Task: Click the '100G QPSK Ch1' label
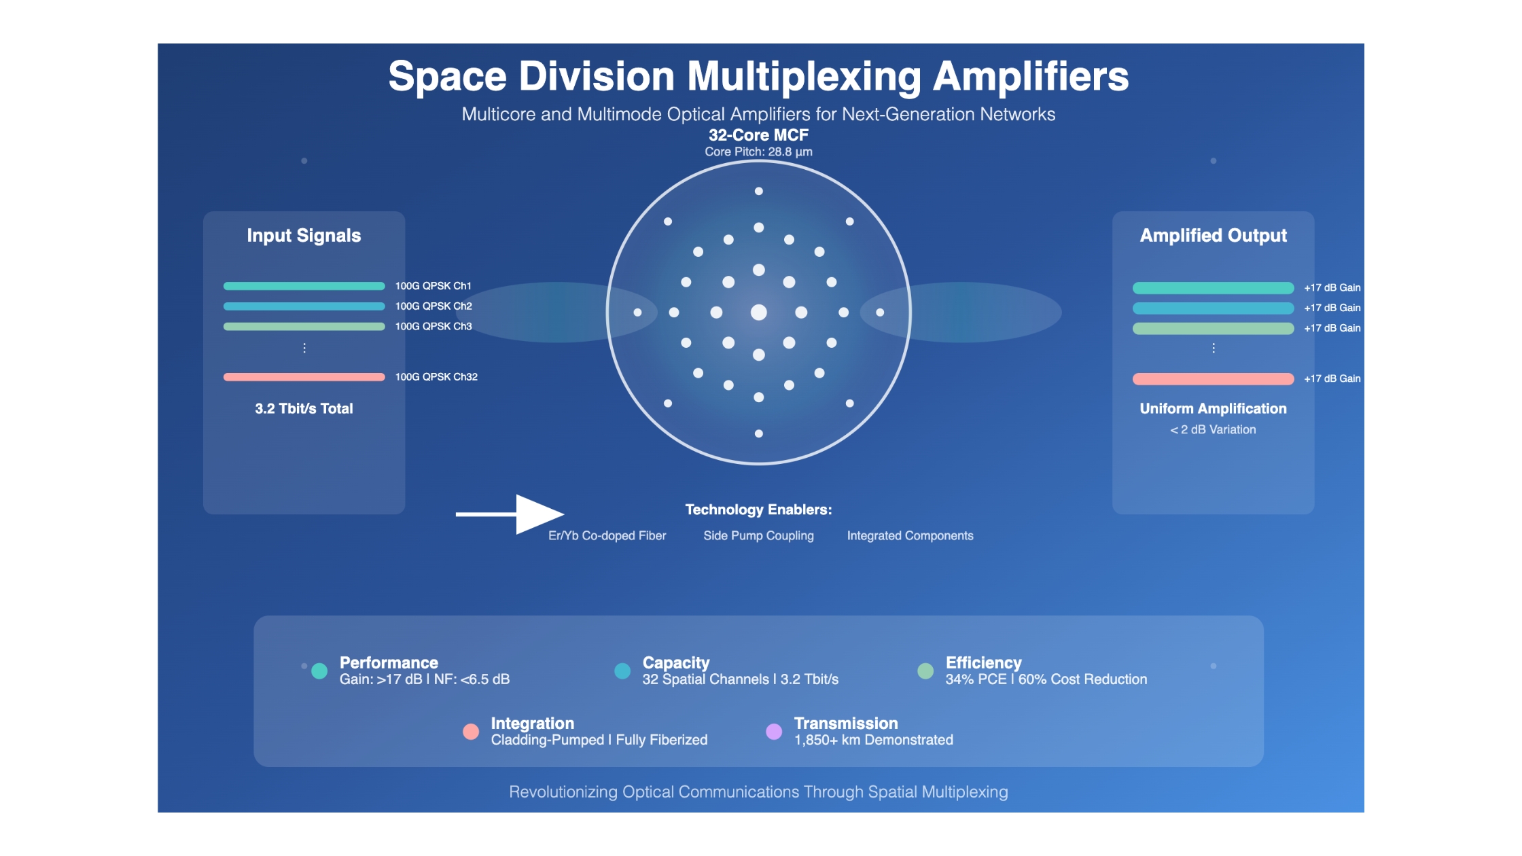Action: pos(433,286)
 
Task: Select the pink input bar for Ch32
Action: pos(304,377)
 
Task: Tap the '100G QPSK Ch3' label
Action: pos(433,327)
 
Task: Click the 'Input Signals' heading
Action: pos(304,236)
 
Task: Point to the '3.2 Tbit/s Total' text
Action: pos(304,408)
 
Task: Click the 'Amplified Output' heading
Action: pos(1213,236)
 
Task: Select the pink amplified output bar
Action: pos(1213,379)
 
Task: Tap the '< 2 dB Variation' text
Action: pos(1213,429)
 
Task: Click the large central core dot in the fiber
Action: pos(758,313)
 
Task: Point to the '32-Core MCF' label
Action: pos(758,135)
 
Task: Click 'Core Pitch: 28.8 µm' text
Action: pos(758,151)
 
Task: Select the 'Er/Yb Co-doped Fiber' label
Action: pos(607,535)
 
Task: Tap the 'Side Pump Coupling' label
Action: pos(758,535)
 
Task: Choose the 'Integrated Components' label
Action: pos(910,535)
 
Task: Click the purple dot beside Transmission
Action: pos(774,732)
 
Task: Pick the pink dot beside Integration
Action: pos(471,732)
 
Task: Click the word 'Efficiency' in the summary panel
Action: pos(983,663)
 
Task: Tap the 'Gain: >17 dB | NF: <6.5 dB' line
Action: pos(425,679)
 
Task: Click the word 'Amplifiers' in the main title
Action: pos(1031,76)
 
